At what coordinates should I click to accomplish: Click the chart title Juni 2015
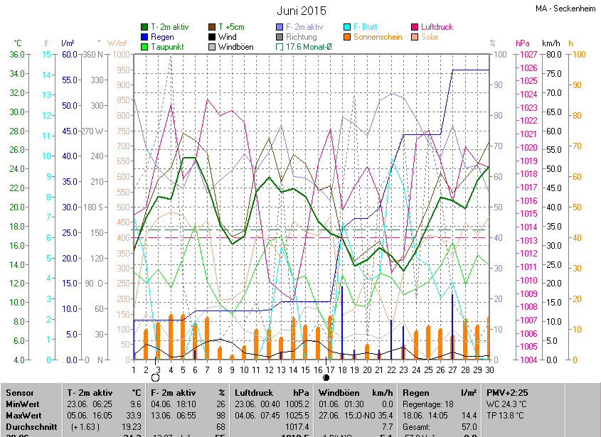click(301, 11)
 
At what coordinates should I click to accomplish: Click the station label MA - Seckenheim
click(565, 9)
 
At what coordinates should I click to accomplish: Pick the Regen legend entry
click(161, 37)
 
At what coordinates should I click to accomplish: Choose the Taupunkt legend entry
click(166, 47)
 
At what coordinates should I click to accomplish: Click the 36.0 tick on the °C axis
click(15, 55)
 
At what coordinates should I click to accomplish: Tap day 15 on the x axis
click(306, 369)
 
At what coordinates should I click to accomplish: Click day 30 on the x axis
click(490, 369)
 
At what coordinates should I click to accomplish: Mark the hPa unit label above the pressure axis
click(523, 43)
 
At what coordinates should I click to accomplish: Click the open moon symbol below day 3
click(155, 378)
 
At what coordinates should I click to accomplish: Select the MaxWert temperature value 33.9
click(132, 415)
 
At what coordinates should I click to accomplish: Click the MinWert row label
click(22, 404)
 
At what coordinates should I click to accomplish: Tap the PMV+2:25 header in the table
click(507, 392)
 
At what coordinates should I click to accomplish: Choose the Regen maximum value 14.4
click(468, 415)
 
